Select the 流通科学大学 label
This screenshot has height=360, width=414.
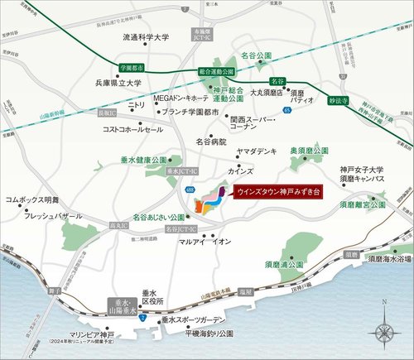point(146,37)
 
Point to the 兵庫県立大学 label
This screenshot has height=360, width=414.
point(118,83)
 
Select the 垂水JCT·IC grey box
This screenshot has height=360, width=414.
point(178,170)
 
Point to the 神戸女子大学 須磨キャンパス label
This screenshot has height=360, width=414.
point(361,175)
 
